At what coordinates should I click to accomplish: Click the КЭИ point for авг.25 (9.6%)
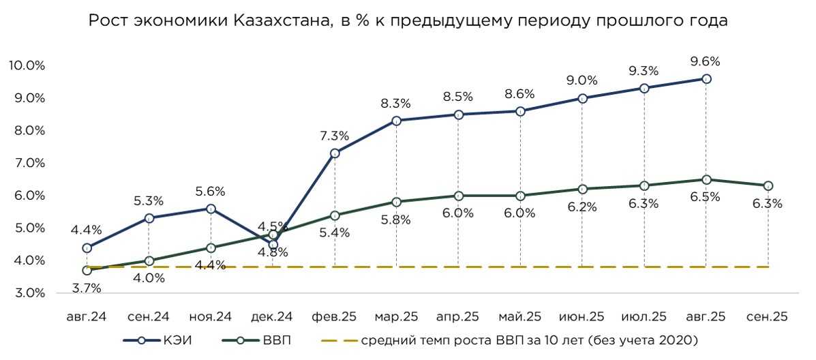(706, 79)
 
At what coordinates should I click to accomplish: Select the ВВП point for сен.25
(768, 185)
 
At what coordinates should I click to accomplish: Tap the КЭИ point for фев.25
(335, 153)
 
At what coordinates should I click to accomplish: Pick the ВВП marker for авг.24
(87, 270)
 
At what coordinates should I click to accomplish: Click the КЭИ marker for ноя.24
(211, 209)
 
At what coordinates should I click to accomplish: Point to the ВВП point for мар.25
(397, 202)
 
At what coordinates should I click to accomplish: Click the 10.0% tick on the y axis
(27, 65)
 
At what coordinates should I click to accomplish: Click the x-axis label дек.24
(272, 317)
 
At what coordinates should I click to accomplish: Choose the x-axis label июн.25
(581, 317)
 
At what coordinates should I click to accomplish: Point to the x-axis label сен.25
(768, 317)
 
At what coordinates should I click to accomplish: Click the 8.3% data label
(396, 104)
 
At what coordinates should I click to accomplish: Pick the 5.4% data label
(335, 232)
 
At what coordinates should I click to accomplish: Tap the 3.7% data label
(87, 288)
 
